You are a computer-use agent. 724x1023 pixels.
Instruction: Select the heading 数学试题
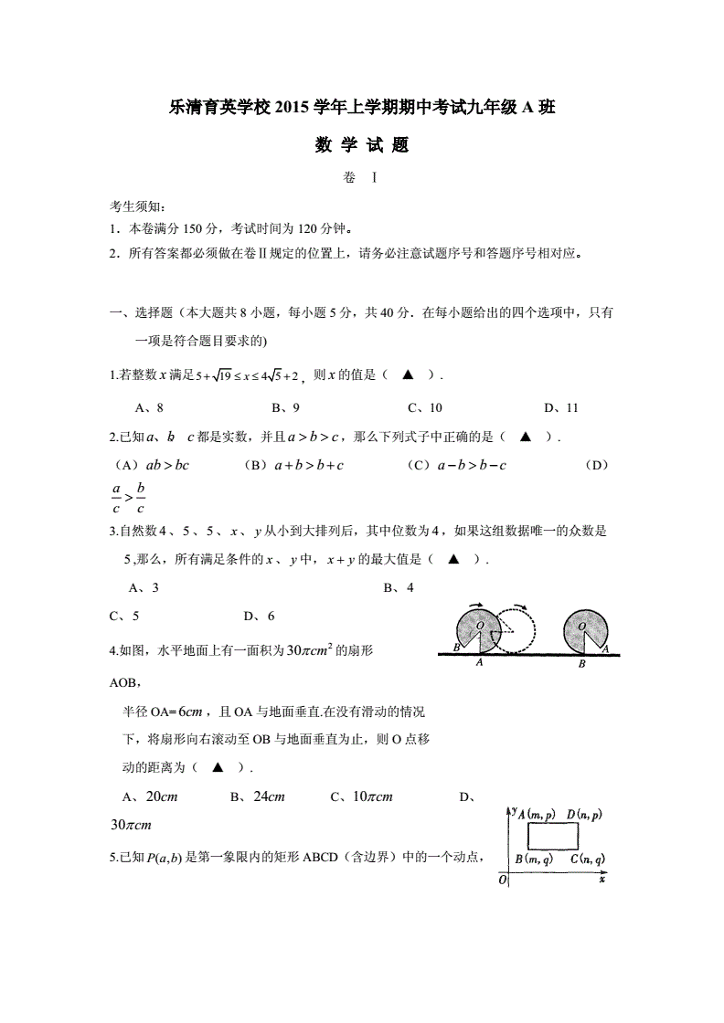[x=361, y=144]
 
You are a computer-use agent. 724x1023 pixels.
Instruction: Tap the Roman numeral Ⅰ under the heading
[x=375, y=178]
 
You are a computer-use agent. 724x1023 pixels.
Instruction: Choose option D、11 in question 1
[x=560, y=407]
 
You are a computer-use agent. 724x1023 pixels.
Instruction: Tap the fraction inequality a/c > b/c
[x=128, y=498]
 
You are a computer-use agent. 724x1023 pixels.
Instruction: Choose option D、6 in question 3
[x=260, y=616]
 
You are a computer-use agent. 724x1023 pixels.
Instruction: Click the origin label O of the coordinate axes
[x=502, y=880]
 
